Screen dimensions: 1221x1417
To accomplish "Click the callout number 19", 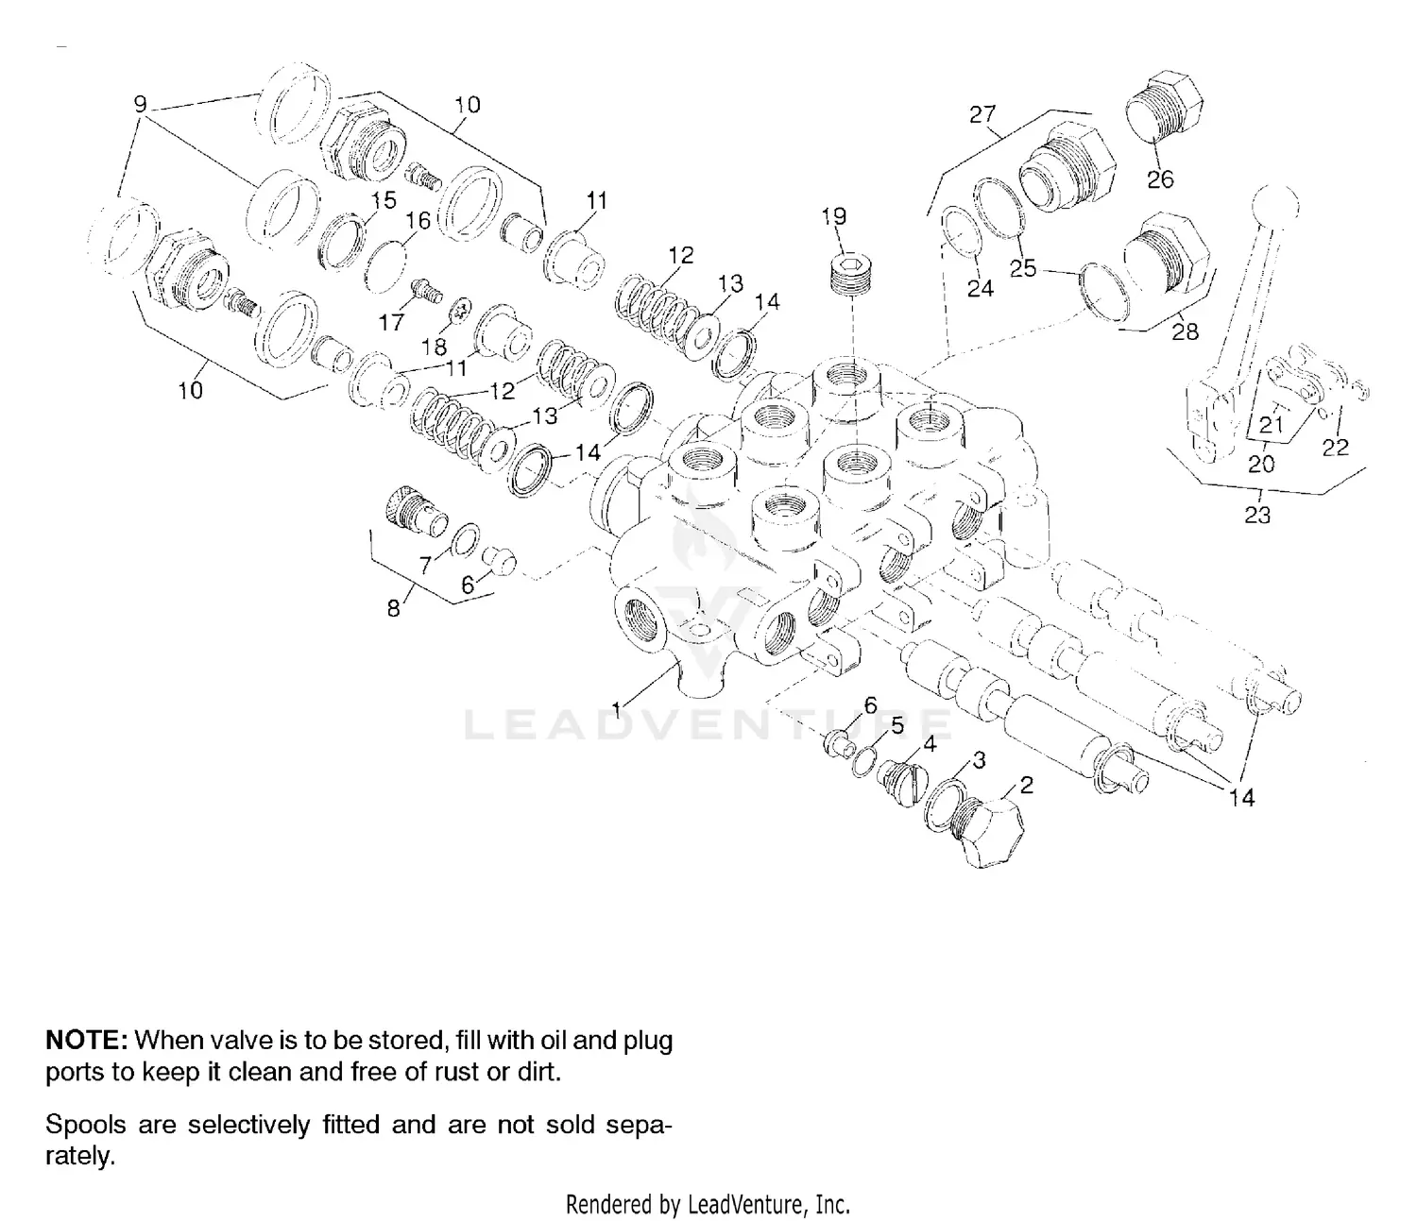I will point(833,216).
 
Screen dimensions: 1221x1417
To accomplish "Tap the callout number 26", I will point(1160,178).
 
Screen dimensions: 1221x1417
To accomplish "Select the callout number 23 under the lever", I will point(1257,515).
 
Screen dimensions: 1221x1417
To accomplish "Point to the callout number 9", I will point(141,104).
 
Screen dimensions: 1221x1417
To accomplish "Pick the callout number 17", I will point(391,322).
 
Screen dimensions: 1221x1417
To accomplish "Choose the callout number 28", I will point(1185,331).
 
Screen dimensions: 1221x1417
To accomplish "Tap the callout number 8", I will point(394,608).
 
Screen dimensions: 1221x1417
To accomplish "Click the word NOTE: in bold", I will point(86,1041).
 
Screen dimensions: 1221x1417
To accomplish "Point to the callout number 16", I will point(418,220).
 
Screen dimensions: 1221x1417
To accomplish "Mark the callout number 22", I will point(1335,446).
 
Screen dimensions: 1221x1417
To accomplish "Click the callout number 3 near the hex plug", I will point(979,760).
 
